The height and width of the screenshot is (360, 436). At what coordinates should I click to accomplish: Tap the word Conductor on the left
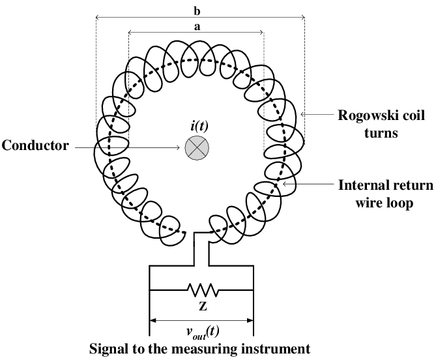[35, 145]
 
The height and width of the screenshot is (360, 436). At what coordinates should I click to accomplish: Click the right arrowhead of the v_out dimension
[251, 320]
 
